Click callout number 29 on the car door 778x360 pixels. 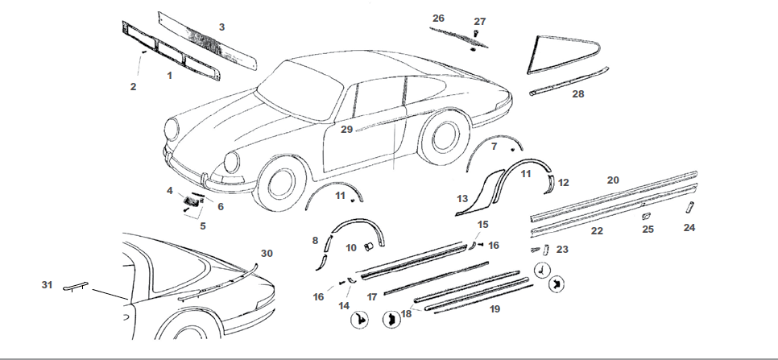pyautogui.click(x=346, y=129)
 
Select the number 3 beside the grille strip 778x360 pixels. pyautogui.click(x=221, y=27)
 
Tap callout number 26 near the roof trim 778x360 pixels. pyautogui.click(x=438, y=18)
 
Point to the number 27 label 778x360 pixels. pyautogui.click(x=480, y=21)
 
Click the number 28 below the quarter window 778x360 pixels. pyautogui.click(x=577, y=93)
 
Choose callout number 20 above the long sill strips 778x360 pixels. pyautogui.click(x=613, y=180)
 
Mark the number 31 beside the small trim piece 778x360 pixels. pyautogui.click(x=47, y=284)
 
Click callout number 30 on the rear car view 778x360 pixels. pyautogui.click(x=267, y=253)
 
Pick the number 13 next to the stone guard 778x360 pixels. pyautogui.click(x=462, y=198)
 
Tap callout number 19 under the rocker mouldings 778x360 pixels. pyautogui.click(x=494, y=308)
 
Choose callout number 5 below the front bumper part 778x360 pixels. pyautogui.click(x=202, y=226)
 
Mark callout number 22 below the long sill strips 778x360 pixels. pyautogui.click(x=597, y=230)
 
